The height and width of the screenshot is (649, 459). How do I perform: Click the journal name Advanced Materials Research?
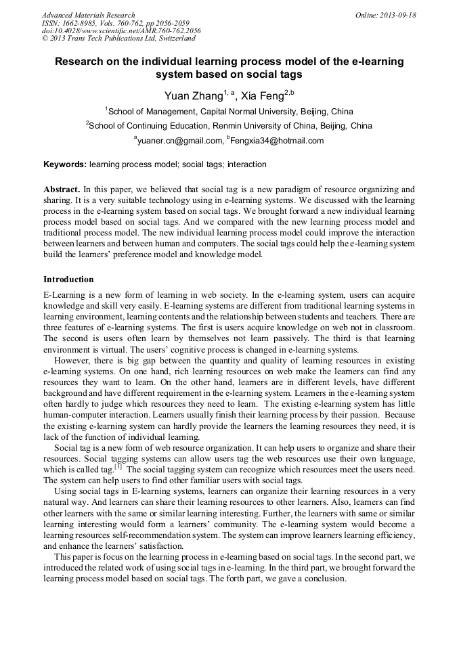point(88,15)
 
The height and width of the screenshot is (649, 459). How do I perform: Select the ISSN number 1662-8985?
point(82,23)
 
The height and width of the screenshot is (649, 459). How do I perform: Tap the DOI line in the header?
point(121,31)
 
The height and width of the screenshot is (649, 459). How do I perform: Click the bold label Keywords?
point(65,164)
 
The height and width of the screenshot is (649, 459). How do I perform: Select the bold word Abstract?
point(62,189)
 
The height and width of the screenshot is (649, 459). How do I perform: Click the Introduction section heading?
point(68,279)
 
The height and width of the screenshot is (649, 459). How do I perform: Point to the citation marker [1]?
point(118,466)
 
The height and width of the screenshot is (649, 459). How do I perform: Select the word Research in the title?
point(81,62)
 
